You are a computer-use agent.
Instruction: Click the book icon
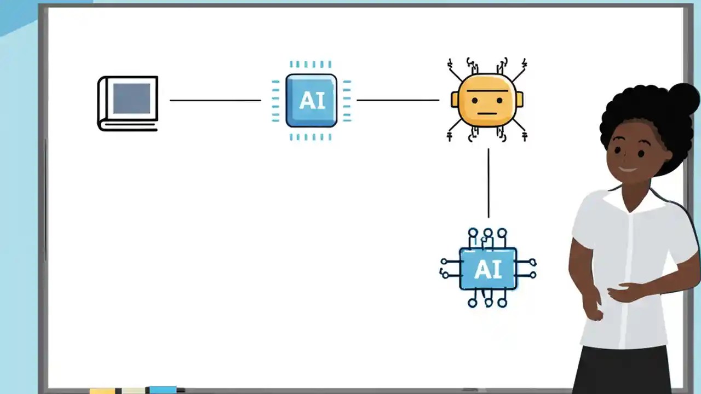pyautogui.click(x=128, y=103)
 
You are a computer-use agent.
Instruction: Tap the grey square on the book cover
pyautogui.click(x=131, y=99)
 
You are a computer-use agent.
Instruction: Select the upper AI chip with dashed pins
pyautogui.click(x=311, y=101)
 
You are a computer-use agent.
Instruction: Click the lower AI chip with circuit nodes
pyautogui.click(x=487, y=268)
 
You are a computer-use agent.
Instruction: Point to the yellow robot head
pyautogui.click(x=487, y=101)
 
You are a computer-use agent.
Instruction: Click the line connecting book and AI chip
pyautogui.click(x=215, y=100)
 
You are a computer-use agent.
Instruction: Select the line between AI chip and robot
pyautogui.click(x=398, y=100)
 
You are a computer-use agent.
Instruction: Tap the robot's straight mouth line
pyautogui.click(x=486, y=114)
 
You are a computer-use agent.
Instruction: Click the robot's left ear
pyautogui.click(x=455, y=100)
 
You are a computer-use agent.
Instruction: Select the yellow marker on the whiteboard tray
pyautogui.click(x=102, y=391)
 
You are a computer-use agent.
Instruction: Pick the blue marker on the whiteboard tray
pyautogui.click(x=163, y=390)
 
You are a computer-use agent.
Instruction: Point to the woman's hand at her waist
pyautogui.click(x=624, y=292)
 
